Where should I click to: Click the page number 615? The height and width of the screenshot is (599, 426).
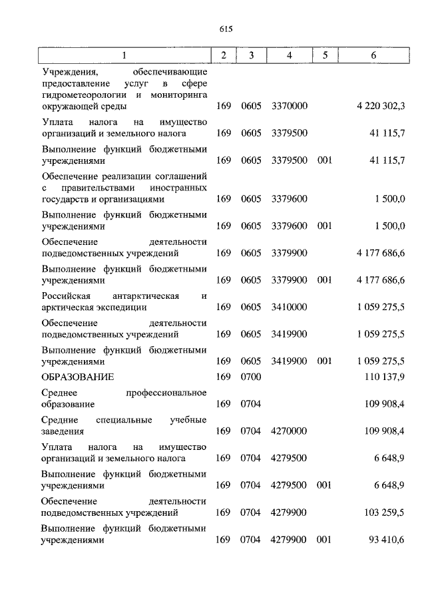pyautogui.click(x=224, y=29)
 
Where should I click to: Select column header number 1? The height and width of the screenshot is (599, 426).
pyautogui.click(x=124, y=55)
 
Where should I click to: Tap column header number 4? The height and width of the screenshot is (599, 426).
pyautogui.click(x=289, y=55)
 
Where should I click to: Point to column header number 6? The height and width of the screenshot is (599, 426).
pyautogui.click(x=373, y=55)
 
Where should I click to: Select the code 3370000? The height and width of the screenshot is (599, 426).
pyautogui.click(x=289, y=106)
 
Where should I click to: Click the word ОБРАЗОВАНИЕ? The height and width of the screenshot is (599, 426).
pyautogui.click(x=77, y=377)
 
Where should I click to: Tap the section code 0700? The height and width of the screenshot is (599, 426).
pyautogui.click(x=250, y=377)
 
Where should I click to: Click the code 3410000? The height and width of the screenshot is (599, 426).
pyautogui.click(x=289, y=307)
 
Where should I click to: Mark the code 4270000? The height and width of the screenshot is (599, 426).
pyautogui.click(x=289, y=431)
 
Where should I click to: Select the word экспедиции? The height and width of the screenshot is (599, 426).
pyautogui.click(x=125, y=307)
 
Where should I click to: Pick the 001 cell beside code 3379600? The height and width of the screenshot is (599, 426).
pyautogui.click(x=324, y=226)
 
